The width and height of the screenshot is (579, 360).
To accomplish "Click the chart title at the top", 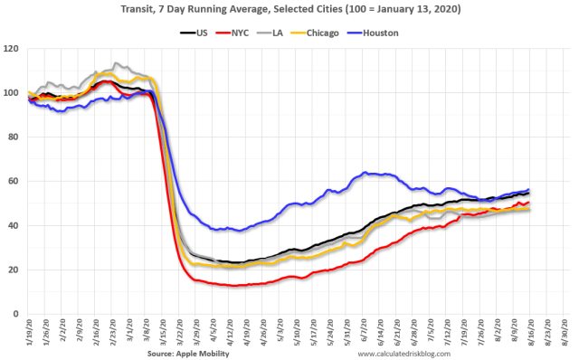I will pyautogui.click(x=289, y=9).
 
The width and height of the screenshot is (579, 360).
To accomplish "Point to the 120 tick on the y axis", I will pyautogui.click(x=14, y=49).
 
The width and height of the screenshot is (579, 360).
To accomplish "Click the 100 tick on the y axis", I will pyautogui.click(x=14, y=93).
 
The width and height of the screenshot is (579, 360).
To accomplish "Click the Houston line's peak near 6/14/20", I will pyautogui.click(x=365, y=172).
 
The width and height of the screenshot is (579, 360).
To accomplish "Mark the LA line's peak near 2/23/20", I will pyautogui.click(x=115, y=64).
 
